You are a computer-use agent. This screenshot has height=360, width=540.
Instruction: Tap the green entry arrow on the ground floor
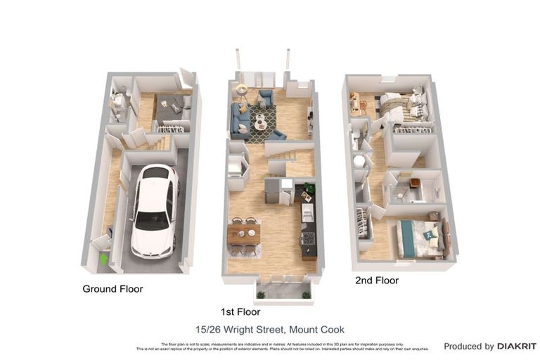pos(103,259)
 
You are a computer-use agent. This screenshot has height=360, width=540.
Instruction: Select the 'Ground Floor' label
pos(112,289)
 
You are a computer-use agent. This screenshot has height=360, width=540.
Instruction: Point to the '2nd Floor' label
pos(376,281)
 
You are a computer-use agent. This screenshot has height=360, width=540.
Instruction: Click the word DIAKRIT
pos(517,347)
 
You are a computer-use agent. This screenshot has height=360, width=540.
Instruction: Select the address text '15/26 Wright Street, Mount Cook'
pos(270,329)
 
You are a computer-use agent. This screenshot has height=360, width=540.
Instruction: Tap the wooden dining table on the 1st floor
pos(244,233)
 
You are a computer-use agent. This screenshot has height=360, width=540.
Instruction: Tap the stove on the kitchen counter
pos(308,243)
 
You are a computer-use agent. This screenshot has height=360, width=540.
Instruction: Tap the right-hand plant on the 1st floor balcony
pos(306,295)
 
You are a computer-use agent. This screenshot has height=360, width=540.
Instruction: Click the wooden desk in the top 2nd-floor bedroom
pos(355,103)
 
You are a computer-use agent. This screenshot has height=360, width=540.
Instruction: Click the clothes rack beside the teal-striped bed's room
pos(364,224)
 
